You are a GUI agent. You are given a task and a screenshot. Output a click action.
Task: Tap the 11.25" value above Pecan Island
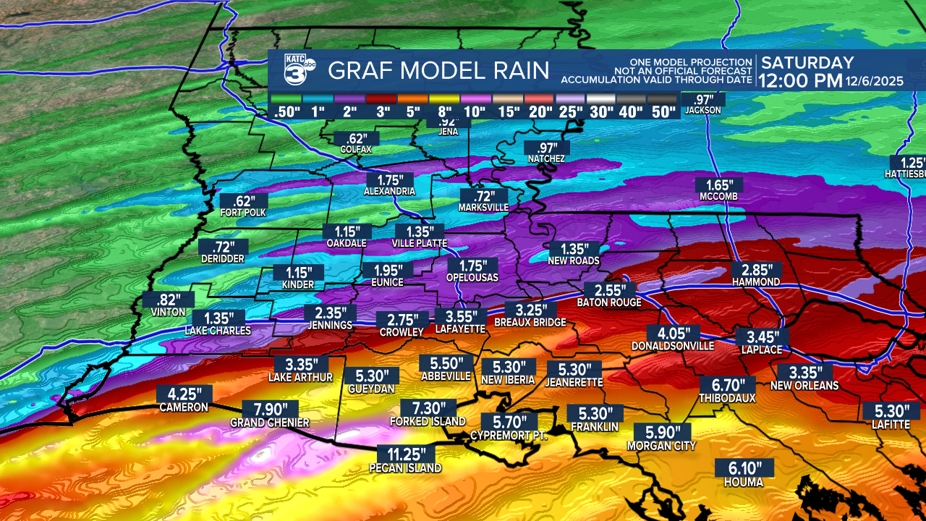406,454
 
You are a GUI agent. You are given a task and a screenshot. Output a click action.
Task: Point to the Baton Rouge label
609,302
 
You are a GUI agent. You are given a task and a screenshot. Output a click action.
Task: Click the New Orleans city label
804,386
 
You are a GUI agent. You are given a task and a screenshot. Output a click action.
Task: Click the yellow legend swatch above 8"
443,98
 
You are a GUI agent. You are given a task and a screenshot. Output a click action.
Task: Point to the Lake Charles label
218,331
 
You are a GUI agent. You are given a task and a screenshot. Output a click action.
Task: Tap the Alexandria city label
390,191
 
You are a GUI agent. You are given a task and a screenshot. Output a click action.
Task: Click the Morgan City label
660,446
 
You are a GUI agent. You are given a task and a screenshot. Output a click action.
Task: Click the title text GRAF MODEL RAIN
438,71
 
